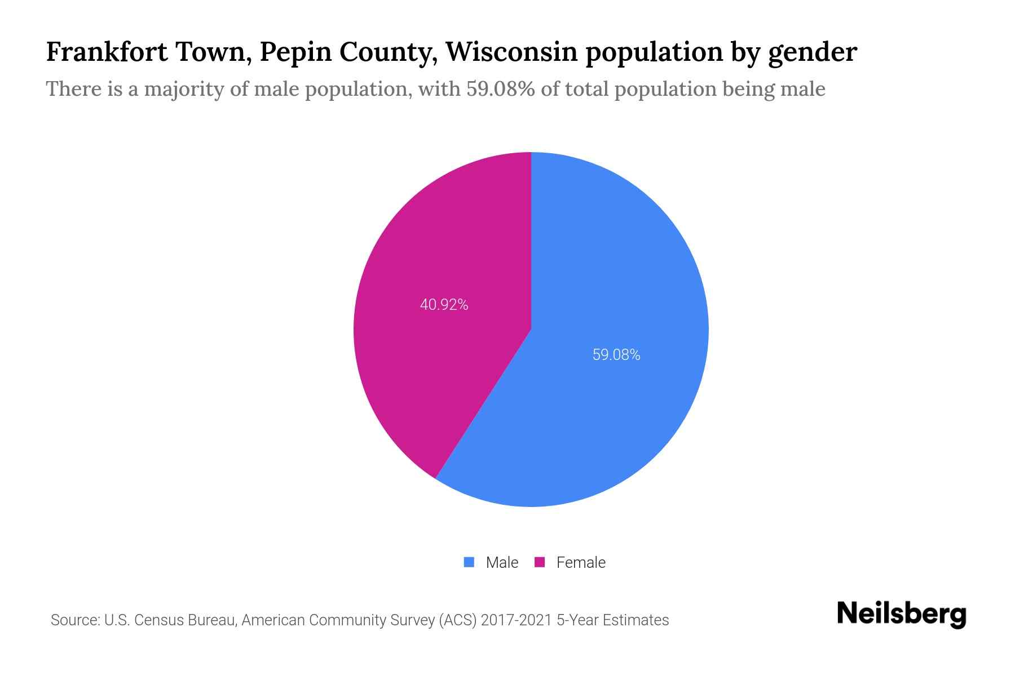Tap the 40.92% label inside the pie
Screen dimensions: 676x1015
pos(444,305)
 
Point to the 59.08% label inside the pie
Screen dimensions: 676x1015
pos(616,355)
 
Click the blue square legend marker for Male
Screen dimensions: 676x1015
pos(469,562)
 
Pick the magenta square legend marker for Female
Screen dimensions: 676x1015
pos(540,562)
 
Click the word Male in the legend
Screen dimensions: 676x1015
pos(502,563)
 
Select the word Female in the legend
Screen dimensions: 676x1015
pos(581,563)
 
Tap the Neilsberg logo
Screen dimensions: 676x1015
pos(901,614)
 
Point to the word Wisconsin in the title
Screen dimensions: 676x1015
pos(511,52)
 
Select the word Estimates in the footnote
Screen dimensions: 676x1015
pos(636,620)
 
